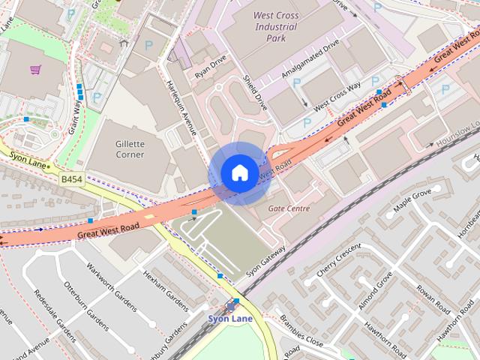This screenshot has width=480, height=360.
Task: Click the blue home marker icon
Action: [238, 172]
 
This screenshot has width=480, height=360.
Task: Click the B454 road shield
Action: [72, 180]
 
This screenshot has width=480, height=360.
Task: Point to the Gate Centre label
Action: [289, 208]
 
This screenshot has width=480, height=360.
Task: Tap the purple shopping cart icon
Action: [35, 70]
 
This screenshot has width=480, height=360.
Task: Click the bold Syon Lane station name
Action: [229, 318]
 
